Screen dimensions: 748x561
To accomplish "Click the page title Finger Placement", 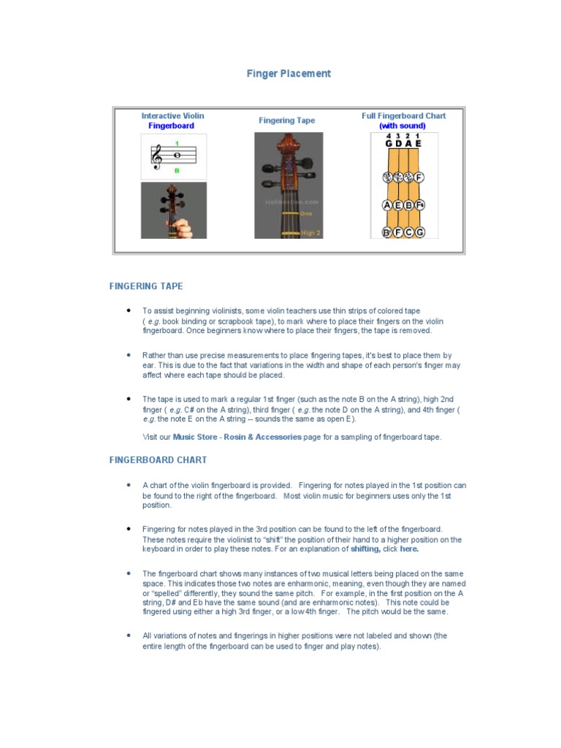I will click(288, 74).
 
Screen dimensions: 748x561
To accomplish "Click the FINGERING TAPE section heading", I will click(146, 286).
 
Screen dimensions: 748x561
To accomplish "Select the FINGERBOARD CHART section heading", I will click(158, 460).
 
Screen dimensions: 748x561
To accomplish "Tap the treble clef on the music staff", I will click(156, 156).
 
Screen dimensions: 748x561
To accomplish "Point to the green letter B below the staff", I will click(176, 170).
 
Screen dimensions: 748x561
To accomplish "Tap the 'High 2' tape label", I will click(310, 233).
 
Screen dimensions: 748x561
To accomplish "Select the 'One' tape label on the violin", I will click(306, 213).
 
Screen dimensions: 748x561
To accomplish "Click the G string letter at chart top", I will click(388, 144).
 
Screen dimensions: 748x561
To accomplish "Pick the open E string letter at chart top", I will click(419, 144).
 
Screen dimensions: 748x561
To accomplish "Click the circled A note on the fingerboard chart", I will click(387, 205).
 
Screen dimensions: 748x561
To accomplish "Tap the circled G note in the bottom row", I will click(419, 232).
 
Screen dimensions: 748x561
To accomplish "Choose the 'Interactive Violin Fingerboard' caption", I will click(172, 121).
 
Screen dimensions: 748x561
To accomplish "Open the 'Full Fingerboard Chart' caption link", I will click(403, 121).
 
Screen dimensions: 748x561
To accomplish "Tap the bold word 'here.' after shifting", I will click(409, 549).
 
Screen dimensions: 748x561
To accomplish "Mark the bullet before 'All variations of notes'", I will click(129, 636).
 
